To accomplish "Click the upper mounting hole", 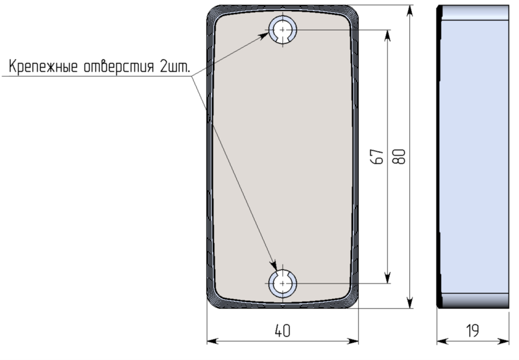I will [x=283, y=30].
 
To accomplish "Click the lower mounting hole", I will [x=283, y=283].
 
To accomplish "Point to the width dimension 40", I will [x=282, y=330].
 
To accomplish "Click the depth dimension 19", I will [x=472, y=330].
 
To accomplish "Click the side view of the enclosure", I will [x=472, y=156].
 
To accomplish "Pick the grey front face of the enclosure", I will [x=283, y=156].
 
